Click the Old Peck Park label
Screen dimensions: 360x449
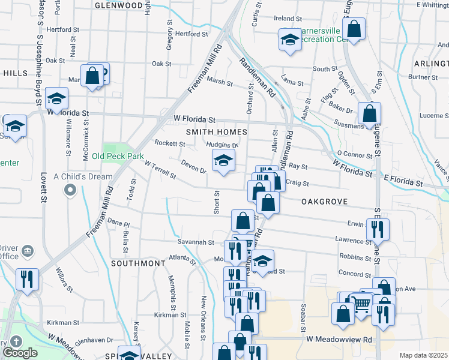point(123,156)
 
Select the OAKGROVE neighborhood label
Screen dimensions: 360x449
point(325,202)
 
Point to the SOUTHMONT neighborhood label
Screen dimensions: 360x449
point(138,263)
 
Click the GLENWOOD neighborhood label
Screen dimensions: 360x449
point(118,5)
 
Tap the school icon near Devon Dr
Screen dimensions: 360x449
point(223,160)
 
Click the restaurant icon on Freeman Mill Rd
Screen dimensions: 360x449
point(27,279)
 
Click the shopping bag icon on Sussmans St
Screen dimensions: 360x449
point(370,113)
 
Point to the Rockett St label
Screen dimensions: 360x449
point(170,143)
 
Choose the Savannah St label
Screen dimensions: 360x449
point(196,242)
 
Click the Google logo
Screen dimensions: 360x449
point(19,353)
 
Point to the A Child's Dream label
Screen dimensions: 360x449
point(83,176)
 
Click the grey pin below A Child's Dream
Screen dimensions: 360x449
point(70,190)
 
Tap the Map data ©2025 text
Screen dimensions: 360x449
point(424,355)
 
